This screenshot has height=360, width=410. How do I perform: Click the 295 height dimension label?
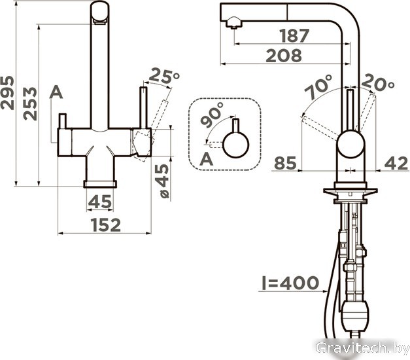pos(7,93)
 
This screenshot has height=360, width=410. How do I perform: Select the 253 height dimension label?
pos(30,103)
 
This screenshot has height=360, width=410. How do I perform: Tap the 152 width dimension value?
pos(106,225)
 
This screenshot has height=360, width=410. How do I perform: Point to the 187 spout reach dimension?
pos(294,35)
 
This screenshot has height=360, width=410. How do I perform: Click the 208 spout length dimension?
pos(284,56)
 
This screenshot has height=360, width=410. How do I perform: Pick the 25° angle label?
pos(164,76)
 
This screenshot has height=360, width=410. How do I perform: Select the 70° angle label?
pos(318,87)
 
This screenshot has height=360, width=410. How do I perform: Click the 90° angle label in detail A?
pos(212,115)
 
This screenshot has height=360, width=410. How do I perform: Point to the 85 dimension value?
pos(286,163)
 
